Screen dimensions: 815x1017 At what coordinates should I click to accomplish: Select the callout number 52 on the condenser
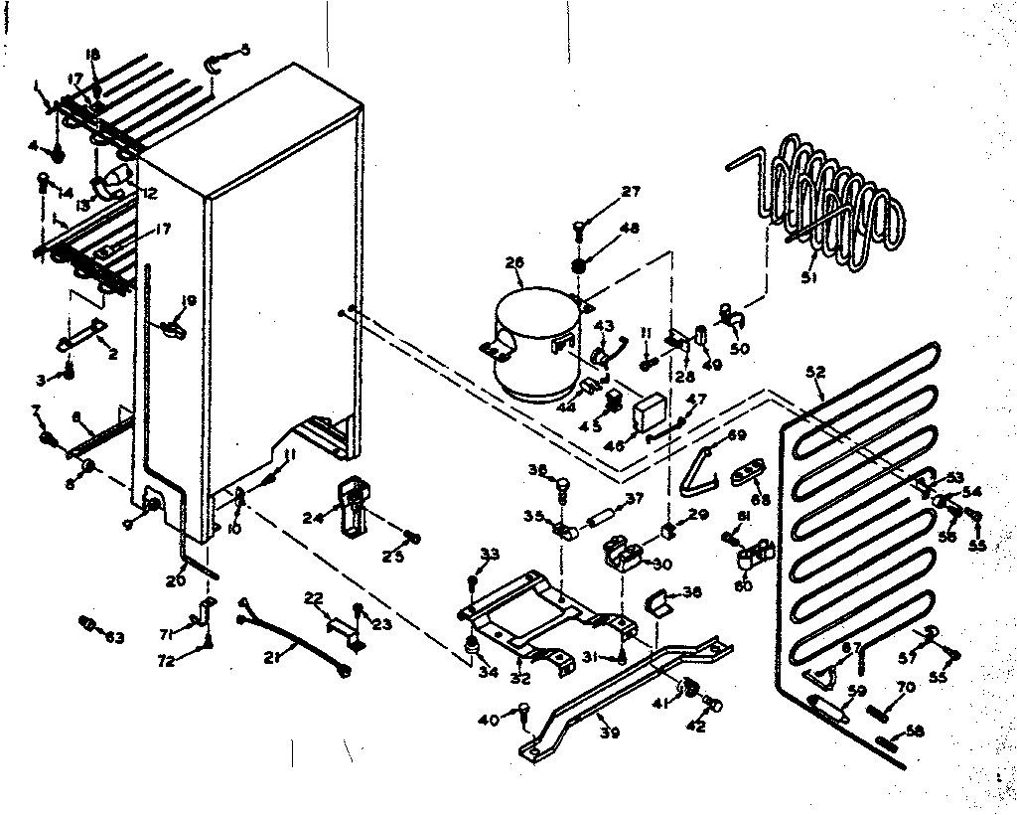tap(815, 372)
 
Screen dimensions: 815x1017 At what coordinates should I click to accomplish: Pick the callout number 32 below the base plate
tap(520, 679)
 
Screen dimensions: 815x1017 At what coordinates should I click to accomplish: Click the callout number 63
tap(115, 636)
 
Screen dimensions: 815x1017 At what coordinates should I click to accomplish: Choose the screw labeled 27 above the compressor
tap(583, 229)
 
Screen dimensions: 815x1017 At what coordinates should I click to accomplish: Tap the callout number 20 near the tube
tap(176, 580)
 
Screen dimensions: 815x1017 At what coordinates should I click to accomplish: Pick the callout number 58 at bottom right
tap(915, 732)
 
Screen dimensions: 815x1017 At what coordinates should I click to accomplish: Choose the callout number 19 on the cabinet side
tap(189, 300)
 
